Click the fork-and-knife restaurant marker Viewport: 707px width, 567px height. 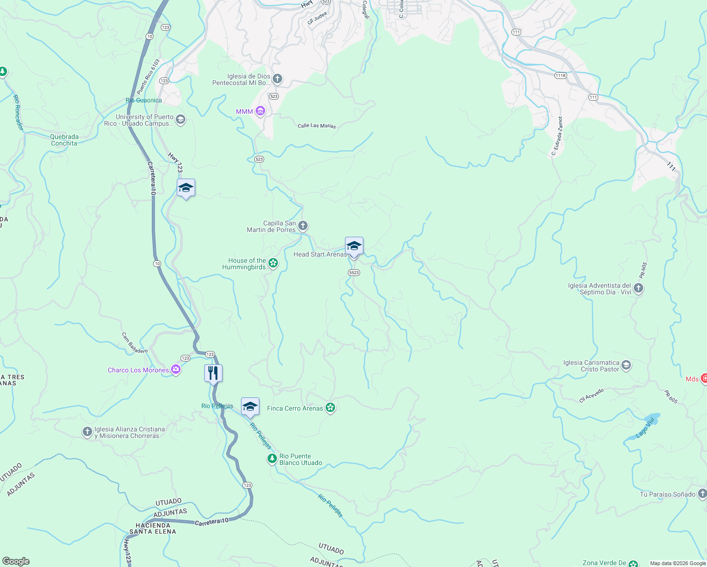[213, 373]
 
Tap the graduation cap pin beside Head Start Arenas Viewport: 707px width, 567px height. [354, 246]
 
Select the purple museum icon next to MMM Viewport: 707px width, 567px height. [260, 112]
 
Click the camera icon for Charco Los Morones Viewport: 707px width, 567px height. [176, 370]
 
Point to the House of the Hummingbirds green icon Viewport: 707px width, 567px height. [273, 264]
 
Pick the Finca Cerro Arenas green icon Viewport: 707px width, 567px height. [330, 408]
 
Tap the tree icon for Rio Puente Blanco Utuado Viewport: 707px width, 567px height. [272, 459]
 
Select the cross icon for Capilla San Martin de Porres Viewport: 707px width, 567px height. [303, 226]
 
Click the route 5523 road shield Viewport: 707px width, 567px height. [354, 273]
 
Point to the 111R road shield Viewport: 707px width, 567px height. [560, 76]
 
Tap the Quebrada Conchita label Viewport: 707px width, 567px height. [64, 140]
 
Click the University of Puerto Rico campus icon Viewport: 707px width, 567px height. [180, 120]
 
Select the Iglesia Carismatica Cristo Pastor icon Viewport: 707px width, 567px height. [626, 365]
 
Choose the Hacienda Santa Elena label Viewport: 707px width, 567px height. [153, 528]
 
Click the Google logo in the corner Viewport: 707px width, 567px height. [16, 561]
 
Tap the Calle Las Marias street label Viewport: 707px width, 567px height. [317, 126]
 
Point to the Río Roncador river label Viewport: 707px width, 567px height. [17, 112]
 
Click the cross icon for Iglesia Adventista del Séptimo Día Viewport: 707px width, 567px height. [638, 288]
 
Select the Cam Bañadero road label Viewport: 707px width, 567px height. [135, 343]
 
